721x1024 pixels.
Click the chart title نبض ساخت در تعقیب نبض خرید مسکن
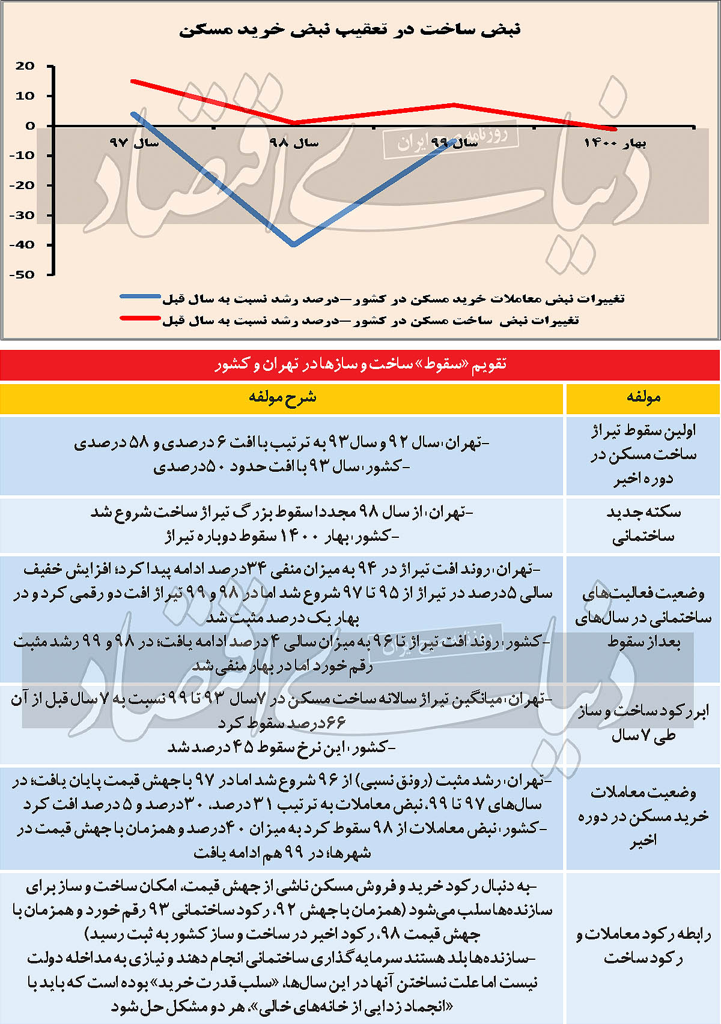coord(350,29)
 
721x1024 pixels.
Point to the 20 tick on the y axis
coord(25,66)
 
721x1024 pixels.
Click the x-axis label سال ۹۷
coord(134,143)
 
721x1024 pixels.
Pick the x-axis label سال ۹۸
coord(294,143)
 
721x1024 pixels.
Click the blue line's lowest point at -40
coord(294,244)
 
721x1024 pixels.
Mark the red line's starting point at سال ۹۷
coord(133,81)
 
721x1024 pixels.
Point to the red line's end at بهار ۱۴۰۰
coord(614,128)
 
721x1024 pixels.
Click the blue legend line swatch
coord(141,297)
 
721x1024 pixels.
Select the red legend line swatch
coord(141,318)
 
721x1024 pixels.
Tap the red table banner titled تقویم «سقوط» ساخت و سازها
coord(360,364)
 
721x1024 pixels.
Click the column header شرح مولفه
coord(282,397)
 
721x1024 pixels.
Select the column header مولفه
coord(643,397)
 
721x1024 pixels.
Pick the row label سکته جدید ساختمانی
coord(643,524)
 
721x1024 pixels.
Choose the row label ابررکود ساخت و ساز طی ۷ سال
coord(643,723)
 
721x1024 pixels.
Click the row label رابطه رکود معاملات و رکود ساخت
coord(643,946)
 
